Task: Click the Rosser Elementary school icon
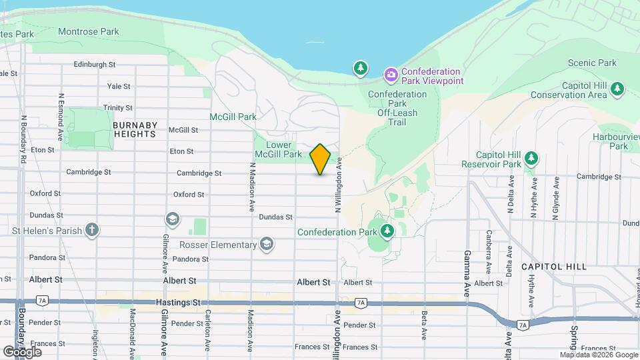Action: click(267, 244)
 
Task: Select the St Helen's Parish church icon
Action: click(92, 231)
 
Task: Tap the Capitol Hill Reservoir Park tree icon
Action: click(531, 159)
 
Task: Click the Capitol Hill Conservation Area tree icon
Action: click(617, 87)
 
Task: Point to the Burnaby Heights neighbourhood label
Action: click(135, 129)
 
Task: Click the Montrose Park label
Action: click(88, 31)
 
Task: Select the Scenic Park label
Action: click(592, 63)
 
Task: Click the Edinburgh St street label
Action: click(95, 65)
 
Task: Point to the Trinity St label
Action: click(118, 107)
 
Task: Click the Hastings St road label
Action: click(177, 302)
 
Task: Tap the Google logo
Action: click(22, 351)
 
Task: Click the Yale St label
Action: click(119, 86)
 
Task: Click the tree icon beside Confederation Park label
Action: click(387, 231)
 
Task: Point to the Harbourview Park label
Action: click(616, 141)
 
